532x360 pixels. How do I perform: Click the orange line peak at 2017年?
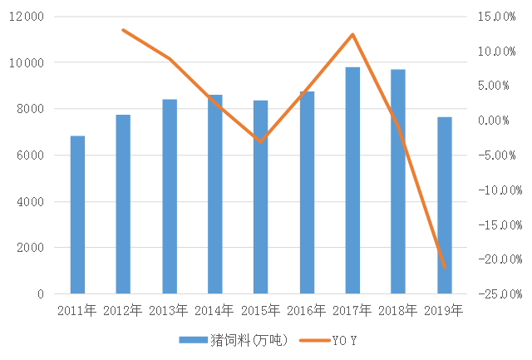coord(352,34)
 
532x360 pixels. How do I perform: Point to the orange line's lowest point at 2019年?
coord(445,268)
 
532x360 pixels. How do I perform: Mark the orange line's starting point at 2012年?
coord(123,30)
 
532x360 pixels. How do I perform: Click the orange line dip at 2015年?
coord(261,141)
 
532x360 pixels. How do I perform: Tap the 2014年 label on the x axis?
coord(214,311)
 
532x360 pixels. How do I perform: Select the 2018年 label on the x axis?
coord(398,311)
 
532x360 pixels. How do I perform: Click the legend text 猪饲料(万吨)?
coord(249,341)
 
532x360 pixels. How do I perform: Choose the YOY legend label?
coord(345,341)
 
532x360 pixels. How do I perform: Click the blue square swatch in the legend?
coord(194,341)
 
